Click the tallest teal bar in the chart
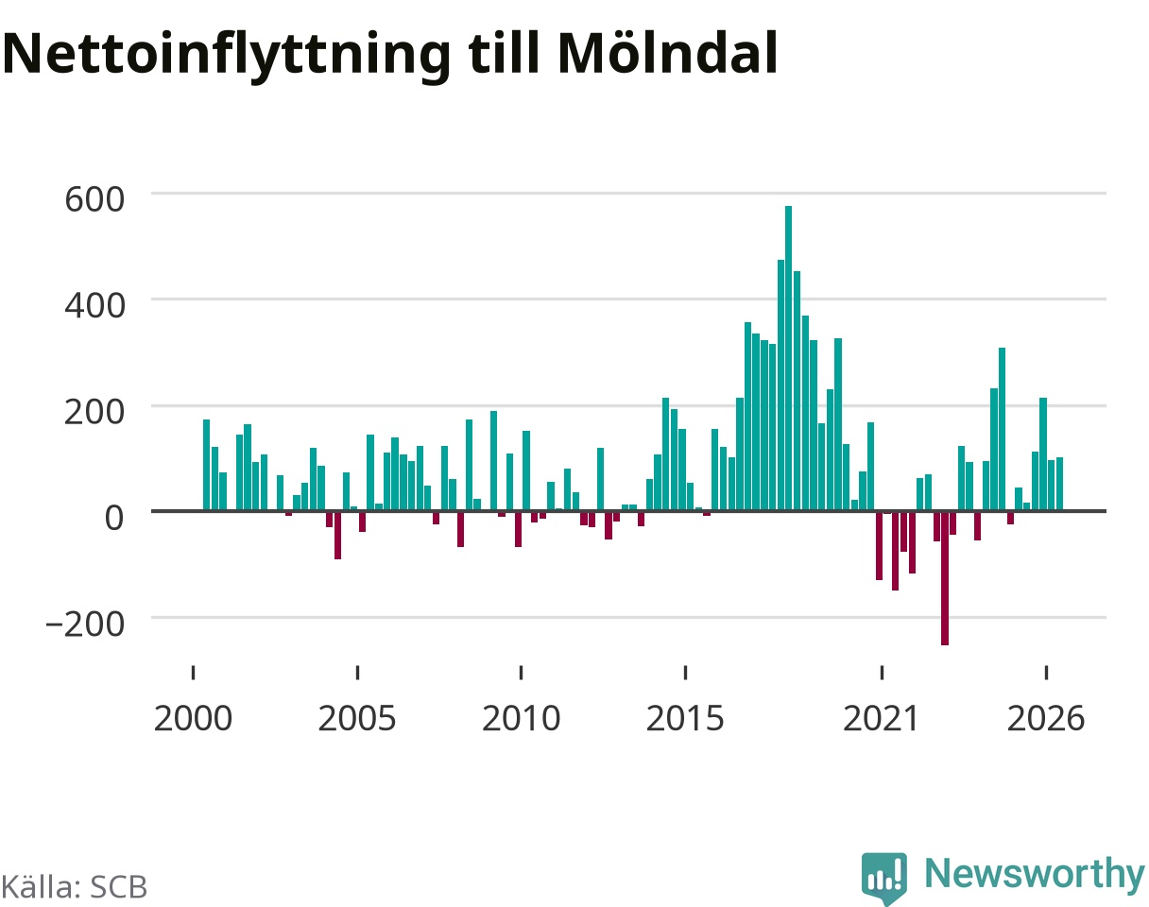[788, 358]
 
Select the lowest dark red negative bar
[945, 578]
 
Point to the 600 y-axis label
[94, 199]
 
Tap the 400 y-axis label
[94, 306]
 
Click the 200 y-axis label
[94, 412]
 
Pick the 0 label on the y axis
[114, 518]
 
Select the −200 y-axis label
[85, 624]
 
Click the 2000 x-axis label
[193, 719]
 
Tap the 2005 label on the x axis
[357, 719]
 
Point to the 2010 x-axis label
[521, 719]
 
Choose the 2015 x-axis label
[685, 719]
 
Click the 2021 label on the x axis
[881, 719]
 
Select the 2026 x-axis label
[1046, 719]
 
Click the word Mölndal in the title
[667, 54]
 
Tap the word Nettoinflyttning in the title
[227, 57]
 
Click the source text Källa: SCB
[74, 887]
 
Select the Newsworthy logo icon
[884, 878]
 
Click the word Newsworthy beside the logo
[1035, 874]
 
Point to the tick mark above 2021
[882, 672]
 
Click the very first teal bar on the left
[206, 465]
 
